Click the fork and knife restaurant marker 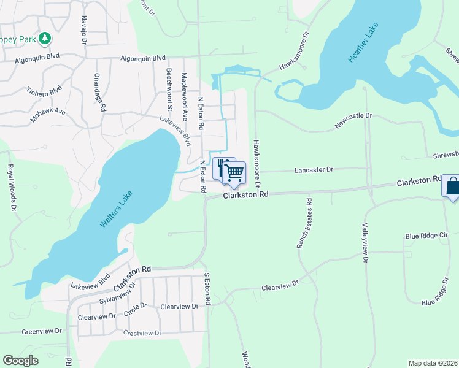223,167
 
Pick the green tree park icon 44,39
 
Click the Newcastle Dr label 353,115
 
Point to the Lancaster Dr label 313,169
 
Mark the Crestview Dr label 142,333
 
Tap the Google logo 21,361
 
